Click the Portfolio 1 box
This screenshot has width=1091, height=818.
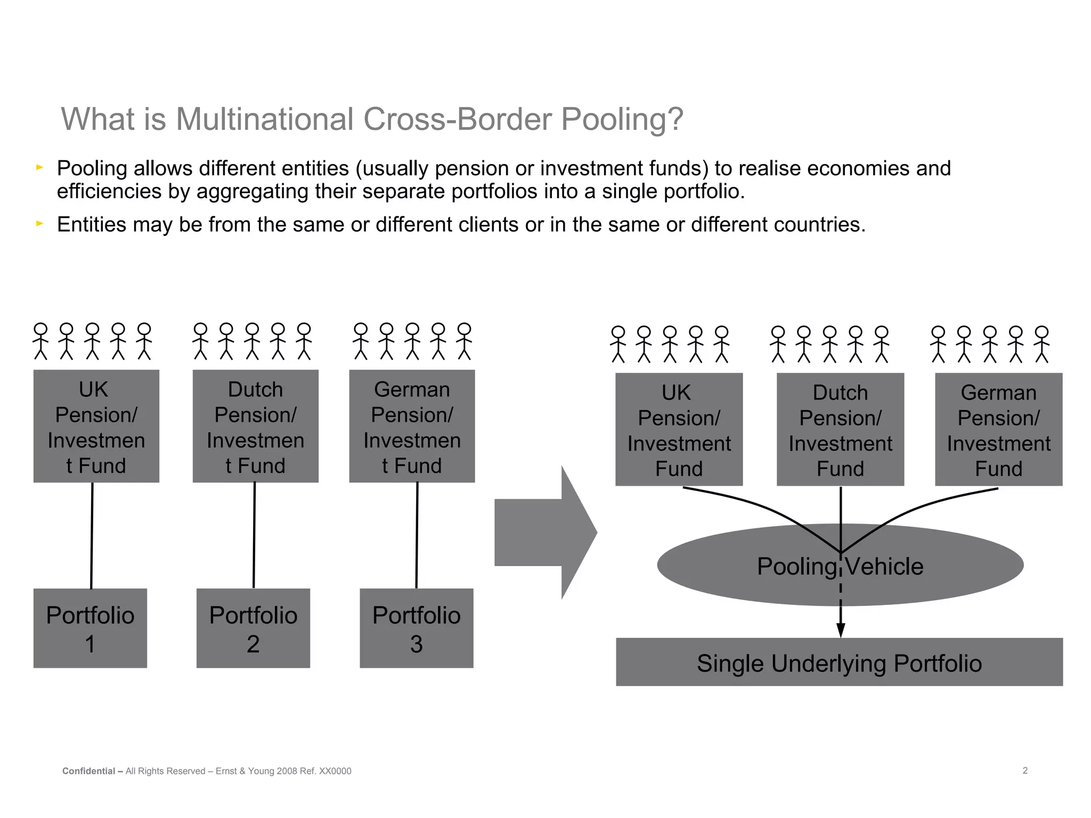90,628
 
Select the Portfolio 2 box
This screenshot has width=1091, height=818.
253,628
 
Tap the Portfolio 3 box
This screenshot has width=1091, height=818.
416,628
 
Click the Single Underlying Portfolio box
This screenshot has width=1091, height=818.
839,662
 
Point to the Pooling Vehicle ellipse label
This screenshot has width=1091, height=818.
840,567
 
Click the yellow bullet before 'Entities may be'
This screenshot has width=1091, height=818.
39,224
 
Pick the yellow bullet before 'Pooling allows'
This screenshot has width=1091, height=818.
39,168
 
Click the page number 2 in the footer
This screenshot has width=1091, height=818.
1025,771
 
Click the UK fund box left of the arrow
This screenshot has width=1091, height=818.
96,426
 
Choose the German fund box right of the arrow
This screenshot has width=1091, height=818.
998,429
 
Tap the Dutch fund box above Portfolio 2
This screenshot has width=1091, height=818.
255,426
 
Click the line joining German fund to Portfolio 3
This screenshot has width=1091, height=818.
417,535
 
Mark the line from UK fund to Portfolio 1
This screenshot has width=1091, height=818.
92,535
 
